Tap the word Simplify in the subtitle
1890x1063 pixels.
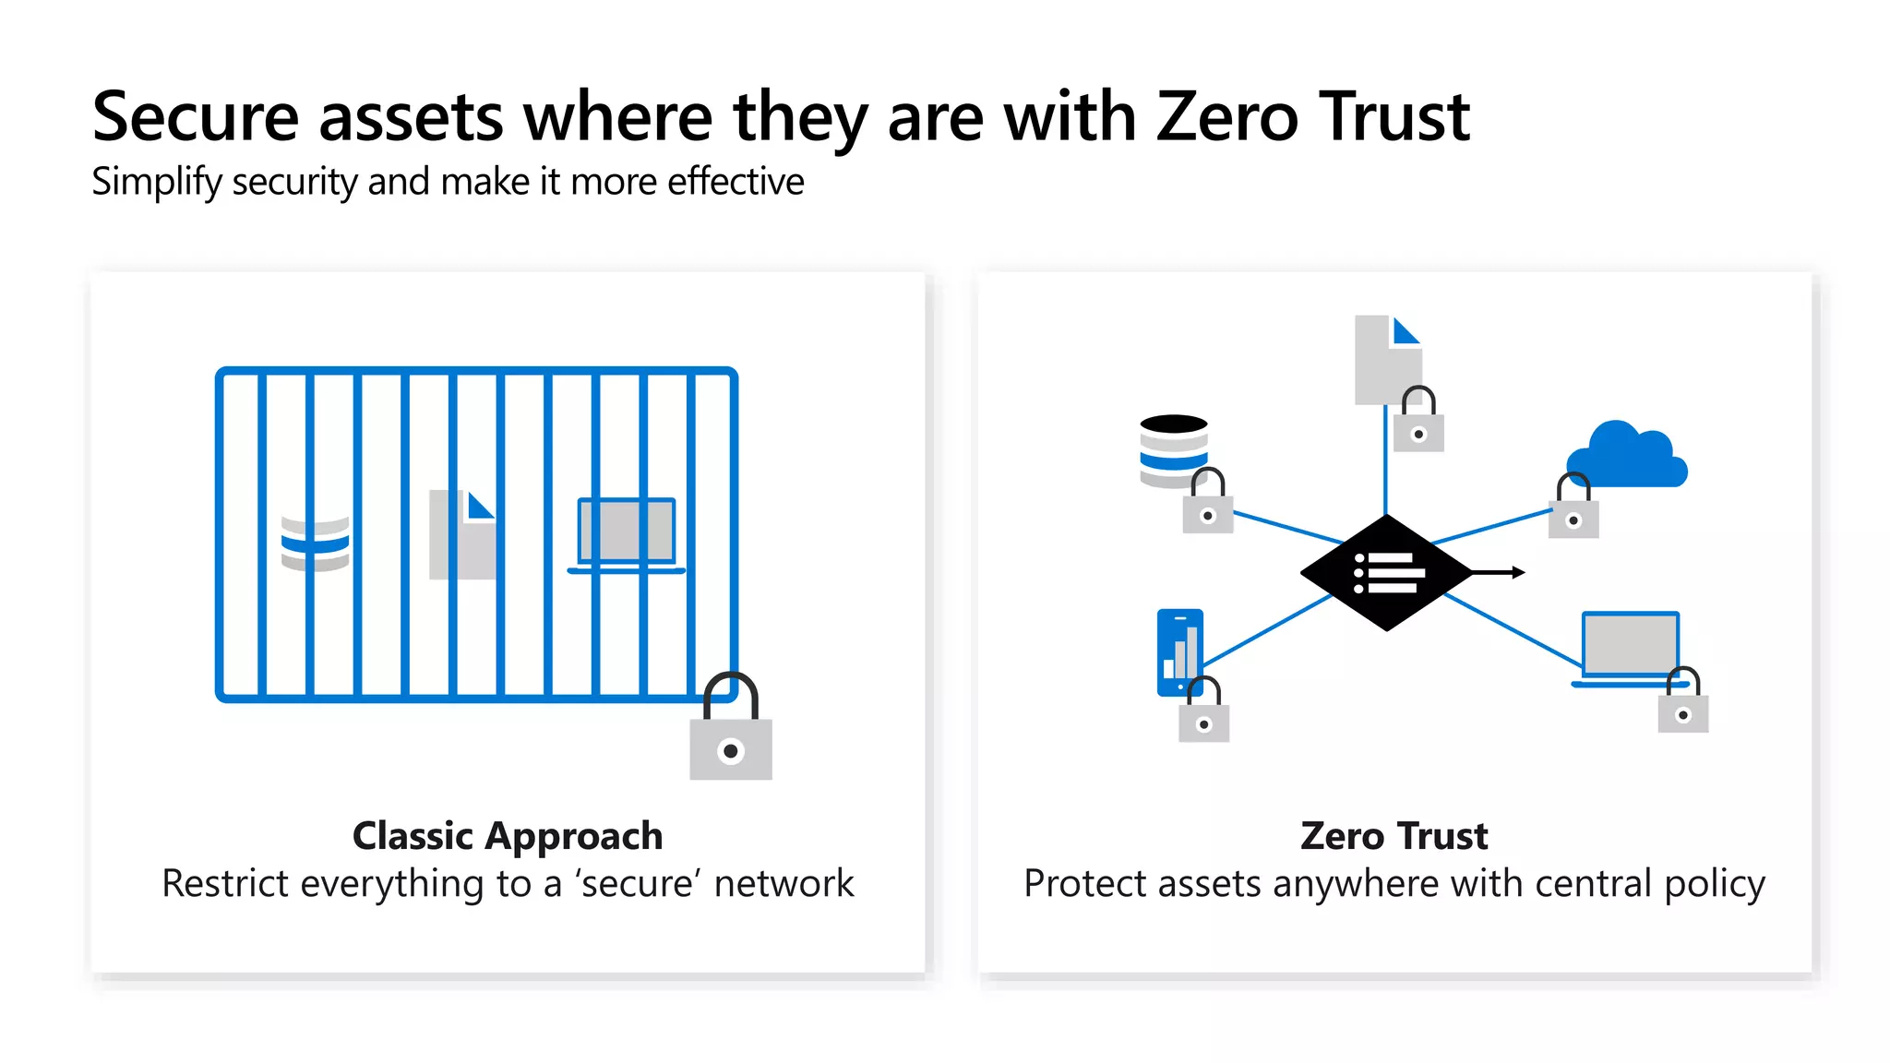point(156,183)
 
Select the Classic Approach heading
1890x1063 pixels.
point(508,836)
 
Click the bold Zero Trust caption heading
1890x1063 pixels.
point(1394,836)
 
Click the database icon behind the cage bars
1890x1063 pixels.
point(315,544)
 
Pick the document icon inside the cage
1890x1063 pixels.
point(462,535)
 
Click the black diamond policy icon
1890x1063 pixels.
point(1385,573)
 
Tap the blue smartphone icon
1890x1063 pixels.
point(1179,651)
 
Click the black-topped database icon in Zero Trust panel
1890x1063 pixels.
point(1173,449)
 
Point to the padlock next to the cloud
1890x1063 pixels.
point(1573,510)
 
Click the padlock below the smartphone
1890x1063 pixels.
point(1203,713)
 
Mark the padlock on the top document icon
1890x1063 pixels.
point(1418,424)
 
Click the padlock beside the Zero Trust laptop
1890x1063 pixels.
point(1682,704)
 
